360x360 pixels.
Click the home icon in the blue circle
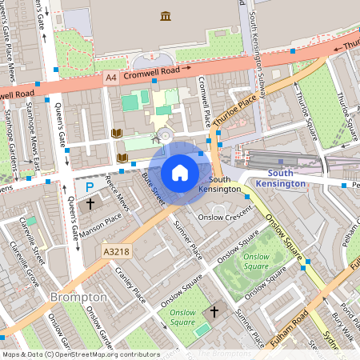pyautogui.click(x=180, y=172)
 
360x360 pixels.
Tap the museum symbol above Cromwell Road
pyautogui.click(x=165, y=17)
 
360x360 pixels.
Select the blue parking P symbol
pyautogui.click(x=90, y=186)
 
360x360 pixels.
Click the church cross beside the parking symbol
pyautogui.click(x=90, y=204)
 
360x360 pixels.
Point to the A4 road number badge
pyautogui.click(x=111, y=78)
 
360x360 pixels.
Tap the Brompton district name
pyautogui.click(x=78, y=297)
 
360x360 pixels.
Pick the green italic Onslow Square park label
pyautogui.click(x=256, y=261)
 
